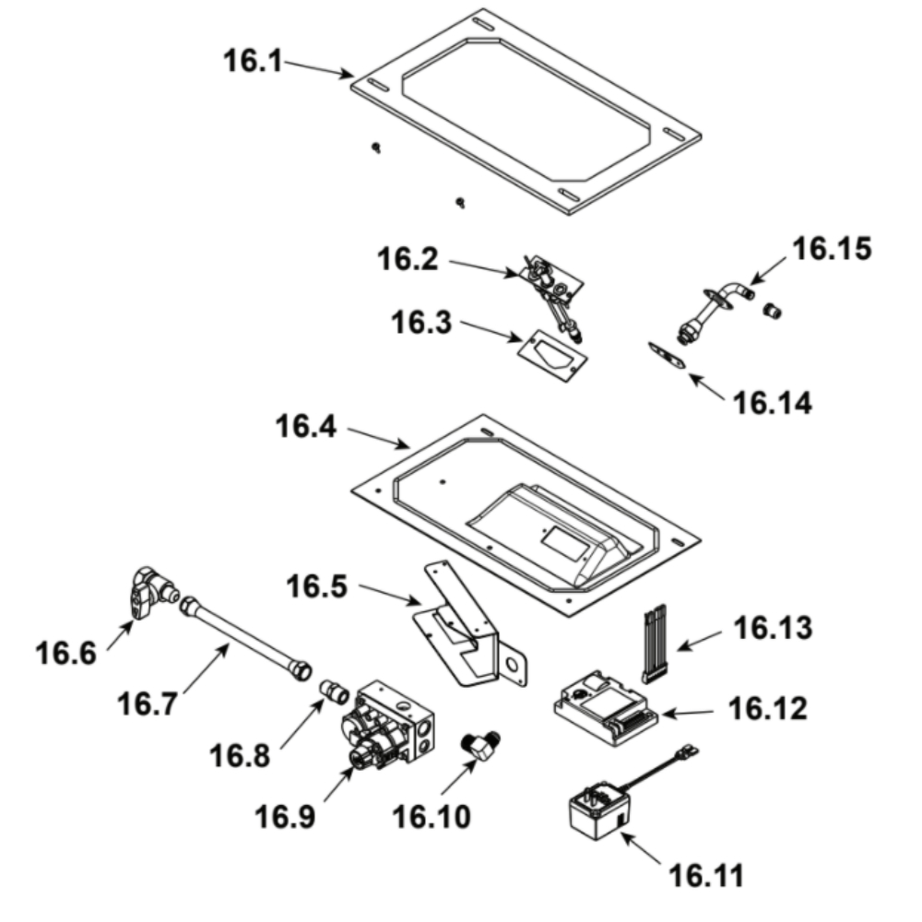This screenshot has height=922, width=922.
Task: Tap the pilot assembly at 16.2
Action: point(552,285)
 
